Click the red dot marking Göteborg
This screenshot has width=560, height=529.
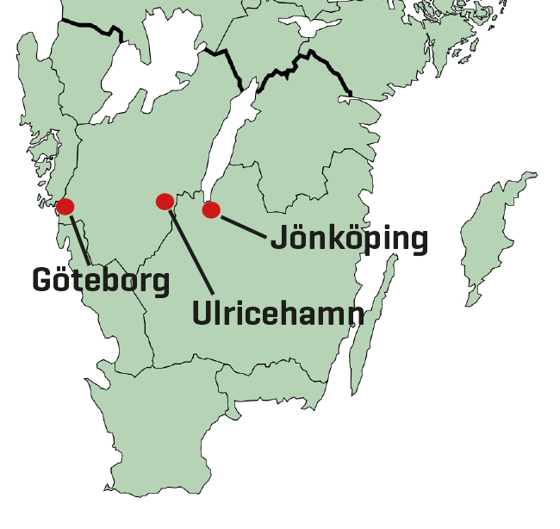65,207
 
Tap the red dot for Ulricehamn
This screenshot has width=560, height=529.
165,202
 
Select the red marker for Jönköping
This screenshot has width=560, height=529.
211,209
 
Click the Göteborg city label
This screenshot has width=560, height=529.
101,280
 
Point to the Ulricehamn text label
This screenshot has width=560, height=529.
277,313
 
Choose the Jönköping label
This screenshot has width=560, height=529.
349,239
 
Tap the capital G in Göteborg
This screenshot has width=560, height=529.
43,279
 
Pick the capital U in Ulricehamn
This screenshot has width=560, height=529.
202,313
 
